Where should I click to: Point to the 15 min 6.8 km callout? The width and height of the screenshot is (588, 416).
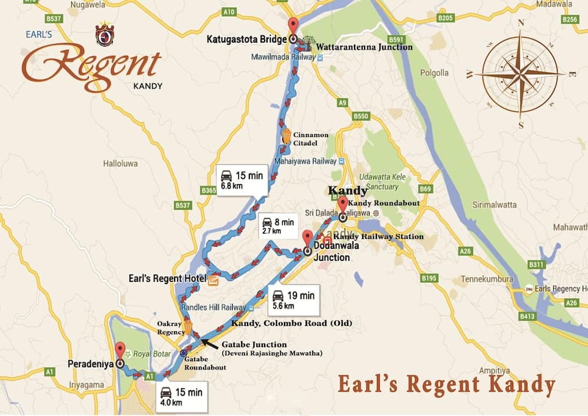coord(242,180)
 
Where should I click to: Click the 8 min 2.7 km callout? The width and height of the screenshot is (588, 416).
coord(278,226)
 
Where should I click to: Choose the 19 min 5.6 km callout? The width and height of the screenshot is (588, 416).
coord(293,300)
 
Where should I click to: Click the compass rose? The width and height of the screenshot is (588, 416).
coord(520,74)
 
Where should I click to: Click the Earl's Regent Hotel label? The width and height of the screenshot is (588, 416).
coord(167,278)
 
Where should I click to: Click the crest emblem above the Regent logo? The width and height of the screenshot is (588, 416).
coord(105,35)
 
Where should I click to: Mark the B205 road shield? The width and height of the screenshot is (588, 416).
coord(446,19)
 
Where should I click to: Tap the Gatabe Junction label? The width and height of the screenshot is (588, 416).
coord(253,344)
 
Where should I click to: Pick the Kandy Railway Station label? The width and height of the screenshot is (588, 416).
coord(378,237)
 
